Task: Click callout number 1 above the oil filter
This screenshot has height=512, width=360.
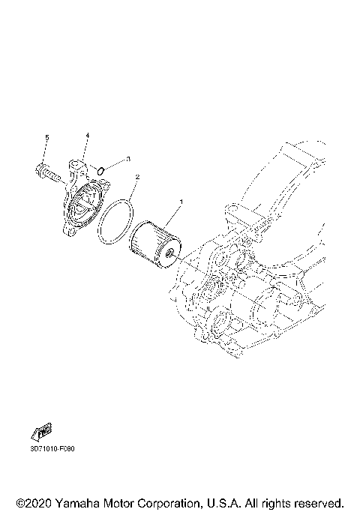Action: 181,202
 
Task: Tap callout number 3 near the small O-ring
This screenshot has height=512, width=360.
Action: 128,159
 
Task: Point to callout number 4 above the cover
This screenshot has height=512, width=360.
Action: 87,136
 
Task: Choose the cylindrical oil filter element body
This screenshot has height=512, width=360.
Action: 150,240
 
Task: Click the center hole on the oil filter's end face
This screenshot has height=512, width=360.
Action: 172,253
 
